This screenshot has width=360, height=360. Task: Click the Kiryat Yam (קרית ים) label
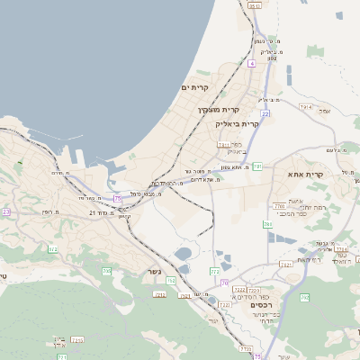[x=195, y=87]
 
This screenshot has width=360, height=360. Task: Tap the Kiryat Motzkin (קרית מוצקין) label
[x=216, y=110]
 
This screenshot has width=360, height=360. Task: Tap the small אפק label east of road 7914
[x=325, y=111]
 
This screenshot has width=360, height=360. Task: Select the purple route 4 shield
[x=252, y=64]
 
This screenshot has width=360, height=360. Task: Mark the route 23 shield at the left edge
[x=5, y=212]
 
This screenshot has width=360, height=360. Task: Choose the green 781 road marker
[x=257, y=166]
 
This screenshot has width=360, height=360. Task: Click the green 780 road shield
[x=267, y=222]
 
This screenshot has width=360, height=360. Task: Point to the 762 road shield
[x=305, y=296]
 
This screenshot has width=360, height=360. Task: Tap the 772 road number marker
[x=215, y=270]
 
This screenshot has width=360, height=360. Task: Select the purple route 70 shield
[x=224, y=283]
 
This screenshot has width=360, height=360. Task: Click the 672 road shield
[x=52, y=249]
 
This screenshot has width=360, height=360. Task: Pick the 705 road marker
[x=107, y=271]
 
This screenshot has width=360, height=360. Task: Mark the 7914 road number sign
[x=305, y=106]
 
